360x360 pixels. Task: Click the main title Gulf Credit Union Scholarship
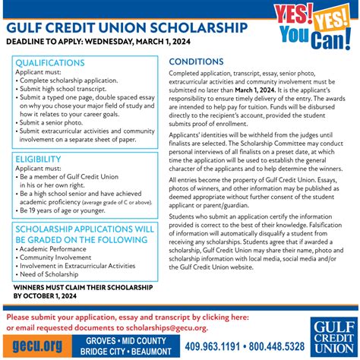coord(127,27)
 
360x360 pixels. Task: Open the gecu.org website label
coord(33,345)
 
